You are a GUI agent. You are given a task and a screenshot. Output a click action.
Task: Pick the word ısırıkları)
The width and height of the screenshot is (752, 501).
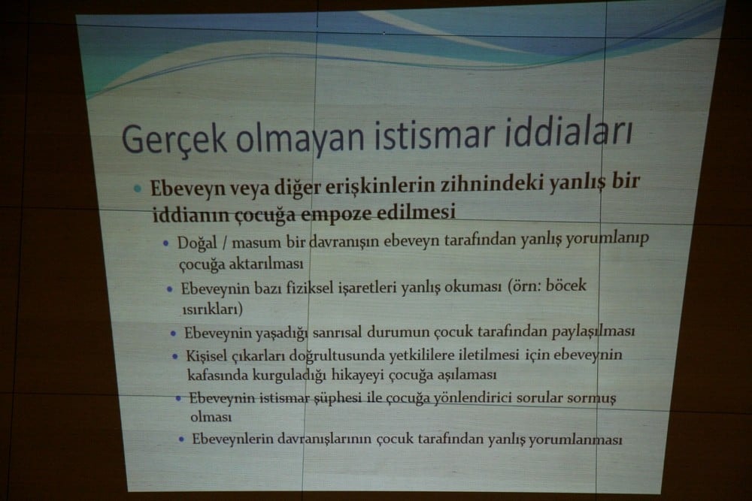pos(213,309)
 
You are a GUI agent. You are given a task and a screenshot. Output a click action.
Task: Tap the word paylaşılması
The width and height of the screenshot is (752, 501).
pos(590,330)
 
